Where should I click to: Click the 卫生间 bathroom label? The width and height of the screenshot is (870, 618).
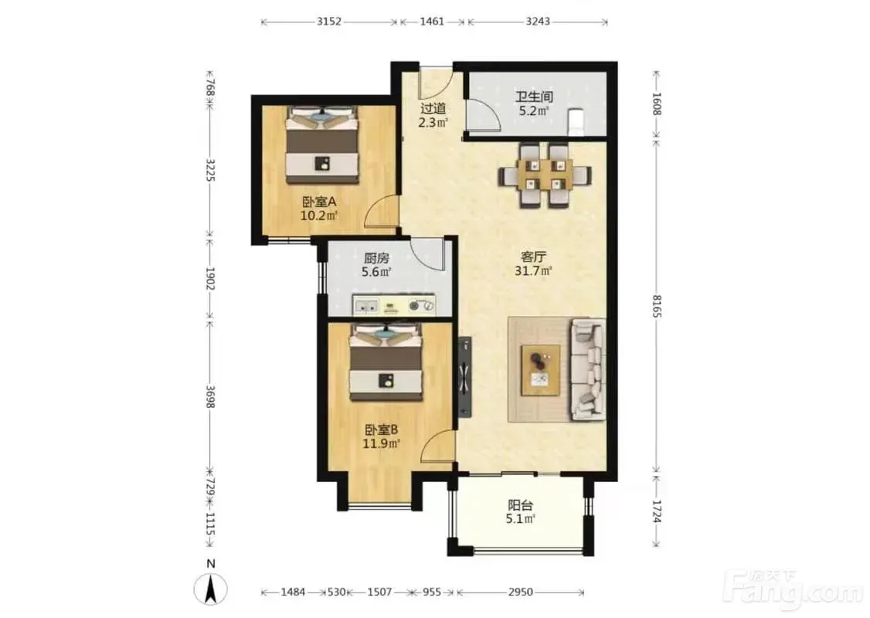(x=534, y=97)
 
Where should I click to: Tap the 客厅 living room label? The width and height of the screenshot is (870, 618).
(x=533, y=256)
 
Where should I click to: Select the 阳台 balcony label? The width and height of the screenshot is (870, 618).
(x=521, y=505)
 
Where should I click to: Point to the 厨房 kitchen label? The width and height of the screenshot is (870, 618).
(x=376, y=258)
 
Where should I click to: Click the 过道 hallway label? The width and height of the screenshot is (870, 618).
(x=433, y=109)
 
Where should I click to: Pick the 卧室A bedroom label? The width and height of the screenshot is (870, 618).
(x=319, y=202)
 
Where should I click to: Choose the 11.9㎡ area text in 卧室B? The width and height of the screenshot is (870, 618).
(x=381, y=444)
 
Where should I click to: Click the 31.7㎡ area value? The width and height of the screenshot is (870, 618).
(x=533, y=271)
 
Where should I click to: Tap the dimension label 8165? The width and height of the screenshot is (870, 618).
(x=657, y=307)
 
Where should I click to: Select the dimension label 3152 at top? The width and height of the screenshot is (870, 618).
(x=329, y=22)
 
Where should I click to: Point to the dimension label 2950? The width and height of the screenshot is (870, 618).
(x=521, y=592)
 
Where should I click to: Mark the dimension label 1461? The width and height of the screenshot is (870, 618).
(x=432, y=22)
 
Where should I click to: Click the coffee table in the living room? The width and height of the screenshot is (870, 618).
(x=540, y=370)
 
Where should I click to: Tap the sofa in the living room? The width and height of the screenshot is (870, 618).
(x=589, y=370)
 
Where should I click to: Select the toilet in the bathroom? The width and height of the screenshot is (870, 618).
(x=576, y=122)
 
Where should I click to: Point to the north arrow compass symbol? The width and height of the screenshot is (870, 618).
(x=210, y=589)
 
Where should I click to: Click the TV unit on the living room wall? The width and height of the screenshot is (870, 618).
(x=465, y=377)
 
